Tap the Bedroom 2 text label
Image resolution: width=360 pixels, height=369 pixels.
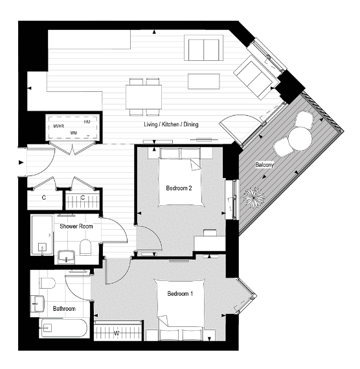pos(179,188)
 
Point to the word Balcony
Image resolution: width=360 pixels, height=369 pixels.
pos(264,165)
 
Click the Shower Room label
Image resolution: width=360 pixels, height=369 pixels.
pos(76,227)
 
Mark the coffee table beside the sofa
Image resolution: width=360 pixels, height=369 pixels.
pos(204,81)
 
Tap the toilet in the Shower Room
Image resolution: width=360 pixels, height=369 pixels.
pos(84,246)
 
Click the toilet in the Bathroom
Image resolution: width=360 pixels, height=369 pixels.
pos(47,282)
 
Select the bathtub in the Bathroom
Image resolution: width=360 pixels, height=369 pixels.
pos(61,328)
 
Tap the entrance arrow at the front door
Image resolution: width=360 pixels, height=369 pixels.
pos(21,162)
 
